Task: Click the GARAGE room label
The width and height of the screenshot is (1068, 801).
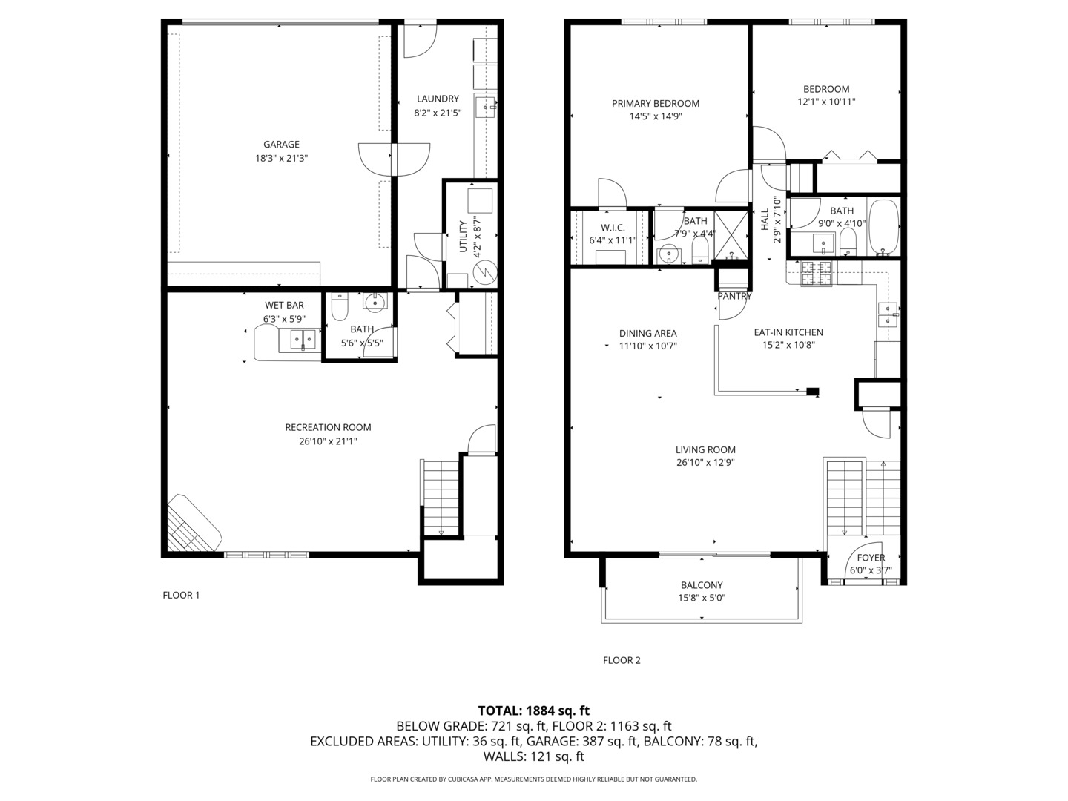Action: (x=281, y=145)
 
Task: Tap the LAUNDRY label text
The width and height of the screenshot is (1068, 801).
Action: (x=438, y=99)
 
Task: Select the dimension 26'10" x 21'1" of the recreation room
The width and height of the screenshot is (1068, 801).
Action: (x=328, y=441)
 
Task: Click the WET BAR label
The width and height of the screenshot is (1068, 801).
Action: (x=284, y=306)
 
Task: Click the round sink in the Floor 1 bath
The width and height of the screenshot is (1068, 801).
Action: (x=375, y=301)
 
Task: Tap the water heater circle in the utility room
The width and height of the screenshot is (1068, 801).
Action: (x=484, y=271)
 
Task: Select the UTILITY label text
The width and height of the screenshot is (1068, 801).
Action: (x=464, y=236)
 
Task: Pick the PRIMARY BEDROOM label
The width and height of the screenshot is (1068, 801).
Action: (x=655, y=104)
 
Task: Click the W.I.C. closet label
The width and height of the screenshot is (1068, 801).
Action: (x=613, y=228)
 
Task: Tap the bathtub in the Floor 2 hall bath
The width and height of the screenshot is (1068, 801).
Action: (x=883, y=226)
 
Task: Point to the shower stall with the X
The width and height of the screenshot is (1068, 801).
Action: (x=731, y=235)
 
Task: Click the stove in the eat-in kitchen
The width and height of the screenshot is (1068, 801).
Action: (x=819, y=274)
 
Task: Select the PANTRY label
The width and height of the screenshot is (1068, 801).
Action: (x=734, y=296)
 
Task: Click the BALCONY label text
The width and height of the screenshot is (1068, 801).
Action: (x=701, y=585)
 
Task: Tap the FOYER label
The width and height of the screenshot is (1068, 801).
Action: (x=871, y=558)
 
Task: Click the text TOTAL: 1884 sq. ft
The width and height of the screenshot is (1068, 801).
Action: (x=533, y=711)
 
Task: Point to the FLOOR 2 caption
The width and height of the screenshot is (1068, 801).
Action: (x=622, y=660)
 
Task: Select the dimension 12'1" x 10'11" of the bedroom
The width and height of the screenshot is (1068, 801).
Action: (x=826, y=102)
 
